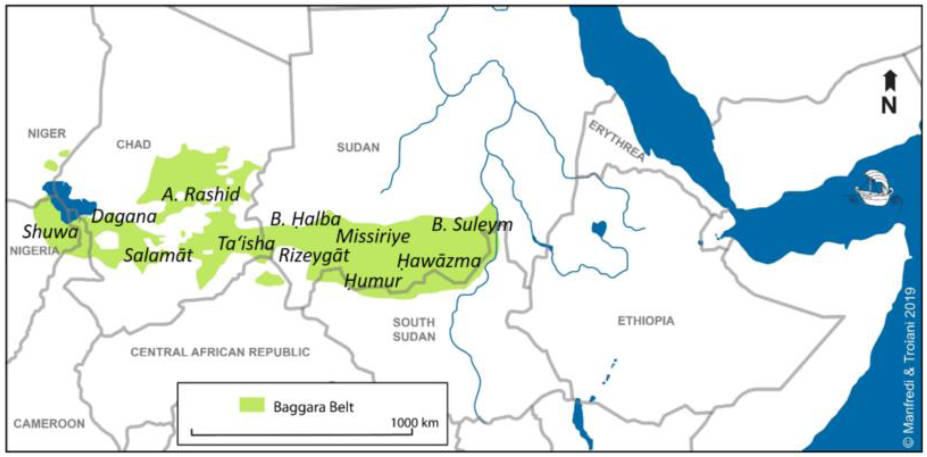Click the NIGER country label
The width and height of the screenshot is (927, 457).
click(x=47, y=134)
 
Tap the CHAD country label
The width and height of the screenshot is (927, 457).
click(x=133, y=144)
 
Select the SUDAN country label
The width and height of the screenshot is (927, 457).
click(x=358, y=147)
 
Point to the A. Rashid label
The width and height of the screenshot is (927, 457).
click(x=201, y=194)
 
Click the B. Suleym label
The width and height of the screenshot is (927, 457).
click(x=472, y=225)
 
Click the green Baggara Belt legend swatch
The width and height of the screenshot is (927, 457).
click(x=252, y=405)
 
